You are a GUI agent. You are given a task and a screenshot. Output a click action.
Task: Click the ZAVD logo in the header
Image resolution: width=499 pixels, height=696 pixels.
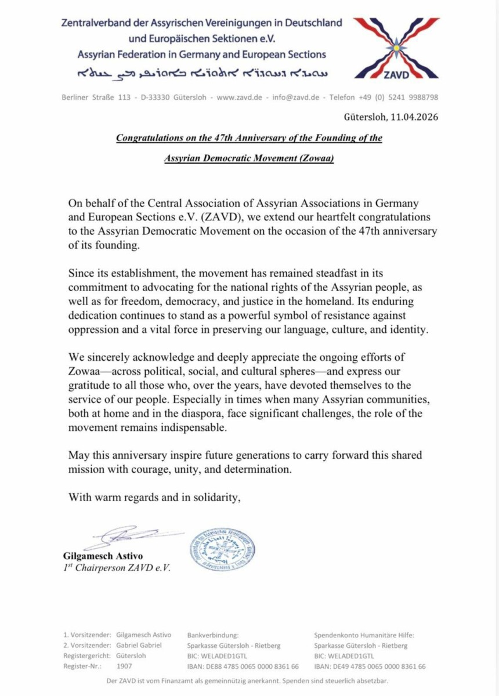pos(396,48)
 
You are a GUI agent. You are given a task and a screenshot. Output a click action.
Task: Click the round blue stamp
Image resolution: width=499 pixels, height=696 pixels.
pos(222,549)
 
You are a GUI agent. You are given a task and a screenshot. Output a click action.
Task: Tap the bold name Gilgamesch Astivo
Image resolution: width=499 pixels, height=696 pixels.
pos(103,556)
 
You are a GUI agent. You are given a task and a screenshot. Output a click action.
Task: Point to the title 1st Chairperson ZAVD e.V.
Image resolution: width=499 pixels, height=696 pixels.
pos(117,568)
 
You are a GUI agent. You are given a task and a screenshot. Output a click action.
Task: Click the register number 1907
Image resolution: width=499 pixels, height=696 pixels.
pos(124,666)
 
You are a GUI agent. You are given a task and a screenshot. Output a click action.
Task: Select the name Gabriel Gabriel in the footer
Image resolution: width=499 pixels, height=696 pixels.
pos(139,646)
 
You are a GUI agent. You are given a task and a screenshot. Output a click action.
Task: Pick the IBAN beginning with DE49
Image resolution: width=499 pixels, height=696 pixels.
pos(370,666)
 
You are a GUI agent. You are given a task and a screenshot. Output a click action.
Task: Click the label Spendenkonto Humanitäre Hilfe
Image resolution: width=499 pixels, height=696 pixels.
pos(364,635)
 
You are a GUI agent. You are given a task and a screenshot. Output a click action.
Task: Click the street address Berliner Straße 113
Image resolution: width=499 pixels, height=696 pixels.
pos(96,97)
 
